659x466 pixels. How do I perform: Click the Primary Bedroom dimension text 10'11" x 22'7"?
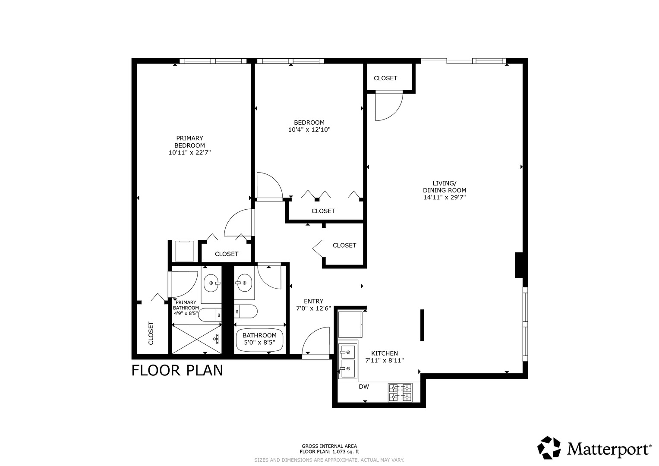(x=189, y=152)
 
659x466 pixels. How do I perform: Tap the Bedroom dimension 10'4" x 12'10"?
(x=309, y=129)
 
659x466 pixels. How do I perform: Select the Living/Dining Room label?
(x=445, y=186)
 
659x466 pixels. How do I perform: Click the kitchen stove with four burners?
(x=400, y=392)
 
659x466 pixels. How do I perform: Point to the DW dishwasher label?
(x=364, y=387)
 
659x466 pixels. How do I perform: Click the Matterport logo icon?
(x=549, y=447)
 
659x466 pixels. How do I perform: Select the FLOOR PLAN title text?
(x=177, y=370)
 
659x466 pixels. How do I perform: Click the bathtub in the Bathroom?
(x=259, y=339)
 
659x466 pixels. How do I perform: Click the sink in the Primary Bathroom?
(x=211, y=283)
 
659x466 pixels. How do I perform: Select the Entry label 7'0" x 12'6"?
(x=313, y=305)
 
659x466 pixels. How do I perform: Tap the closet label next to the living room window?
(x=385, y=78)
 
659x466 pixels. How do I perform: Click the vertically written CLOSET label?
(x=151, y=333)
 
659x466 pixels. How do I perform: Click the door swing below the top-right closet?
(x=388, y=106)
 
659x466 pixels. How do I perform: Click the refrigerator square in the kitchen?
(x=350, y=324)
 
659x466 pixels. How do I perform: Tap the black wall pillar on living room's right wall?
(x=519, y=265)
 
